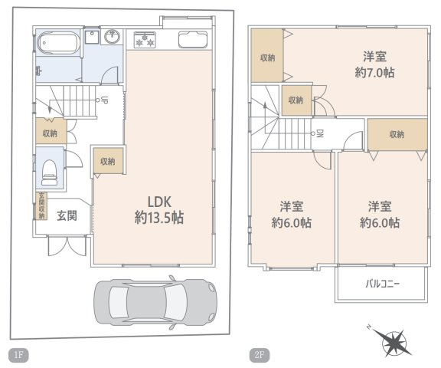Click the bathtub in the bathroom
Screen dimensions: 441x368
point(58,43)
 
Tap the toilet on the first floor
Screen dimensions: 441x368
point(49,172)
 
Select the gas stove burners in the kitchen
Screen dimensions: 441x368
point(145,40)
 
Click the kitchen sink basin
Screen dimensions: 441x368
point(193,39)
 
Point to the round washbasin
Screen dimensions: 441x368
point(113,37)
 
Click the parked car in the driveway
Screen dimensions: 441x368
point(155,302)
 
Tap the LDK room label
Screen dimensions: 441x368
point(159,202)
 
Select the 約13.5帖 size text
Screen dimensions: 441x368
point(159,218)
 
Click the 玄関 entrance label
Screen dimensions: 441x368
point(67,216)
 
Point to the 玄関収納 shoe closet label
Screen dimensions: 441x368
point(41,205)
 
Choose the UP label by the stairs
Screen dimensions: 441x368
point(104,100)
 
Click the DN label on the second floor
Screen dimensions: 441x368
point(320,133)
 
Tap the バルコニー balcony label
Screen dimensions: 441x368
point(382,284)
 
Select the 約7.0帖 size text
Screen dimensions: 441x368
point(374,73)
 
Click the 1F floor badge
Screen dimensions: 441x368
point(19,354)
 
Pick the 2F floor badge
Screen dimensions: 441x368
point(260,355)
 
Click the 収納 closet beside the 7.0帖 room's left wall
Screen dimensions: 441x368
point(267,56)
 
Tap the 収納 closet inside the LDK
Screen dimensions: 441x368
point(108,160)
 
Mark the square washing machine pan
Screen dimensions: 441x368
point(92,37)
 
